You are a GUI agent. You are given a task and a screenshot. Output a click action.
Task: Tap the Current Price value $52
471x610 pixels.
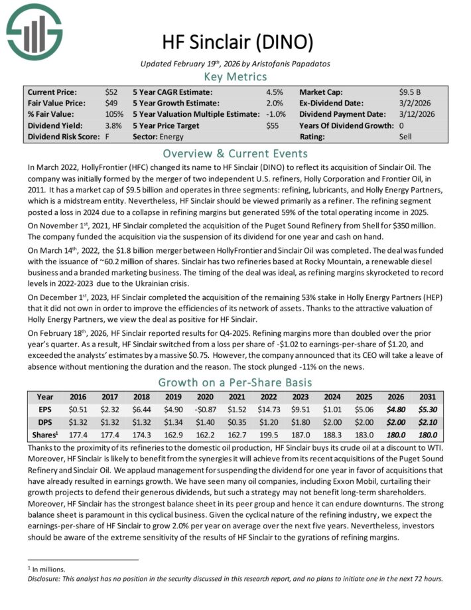point(111,92)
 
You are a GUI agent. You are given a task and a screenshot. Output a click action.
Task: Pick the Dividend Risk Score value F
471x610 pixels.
point(107,137)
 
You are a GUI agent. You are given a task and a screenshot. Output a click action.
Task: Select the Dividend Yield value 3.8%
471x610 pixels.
point(113,125)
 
